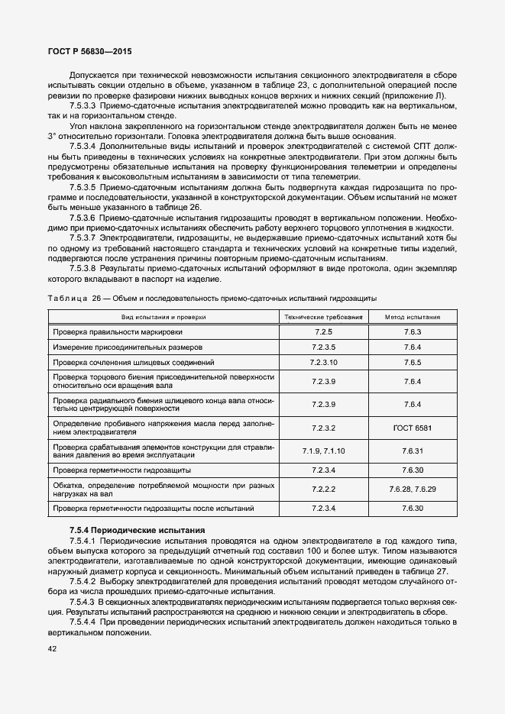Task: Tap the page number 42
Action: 52,649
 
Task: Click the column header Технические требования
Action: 324,316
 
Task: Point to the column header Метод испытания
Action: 413,316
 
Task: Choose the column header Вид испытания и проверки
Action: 162,316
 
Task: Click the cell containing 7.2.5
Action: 324,332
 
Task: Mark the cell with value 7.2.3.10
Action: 324,362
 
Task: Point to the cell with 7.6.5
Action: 413,362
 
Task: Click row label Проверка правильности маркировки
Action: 118,332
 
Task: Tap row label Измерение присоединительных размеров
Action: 125,347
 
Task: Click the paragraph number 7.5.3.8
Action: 82,268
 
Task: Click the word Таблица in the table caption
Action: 68,298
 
